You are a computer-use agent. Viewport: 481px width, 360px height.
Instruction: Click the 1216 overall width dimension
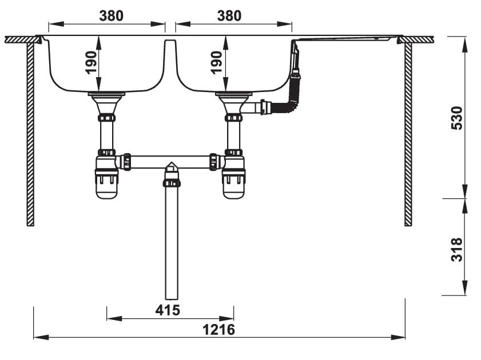[218, 330]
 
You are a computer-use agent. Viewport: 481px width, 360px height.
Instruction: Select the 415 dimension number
[168, 310]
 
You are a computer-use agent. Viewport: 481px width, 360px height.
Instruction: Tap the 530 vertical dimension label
[457, 118]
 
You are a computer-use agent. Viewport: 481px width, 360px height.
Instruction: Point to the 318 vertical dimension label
[457, 249]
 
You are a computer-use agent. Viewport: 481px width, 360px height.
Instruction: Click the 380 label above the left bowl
[111, 15]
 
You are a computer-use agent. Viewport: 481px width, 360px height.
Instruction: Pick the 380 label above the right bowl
[229, 15]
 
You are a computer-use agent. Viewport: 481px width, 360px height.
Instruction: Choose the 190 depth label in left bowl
[91, 62]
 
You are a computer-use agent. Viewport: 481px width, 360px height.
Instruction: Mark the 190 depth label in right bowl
[216, 62]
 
